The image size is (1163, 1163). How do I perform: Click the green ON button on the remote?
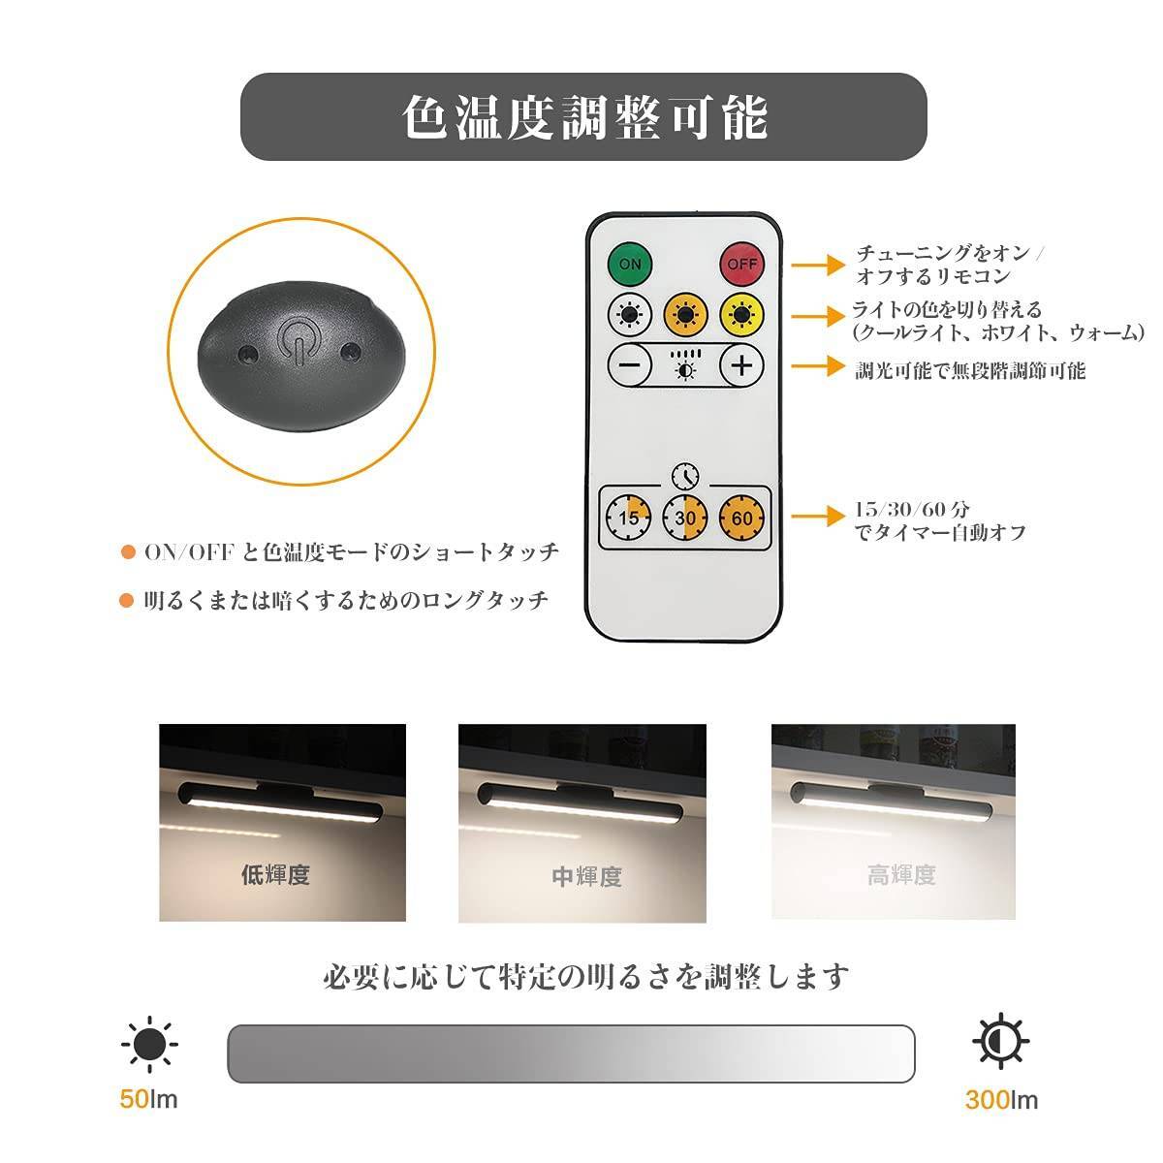click(630, 263)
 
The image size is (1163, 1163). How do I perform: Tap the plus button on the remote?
click(742, 366)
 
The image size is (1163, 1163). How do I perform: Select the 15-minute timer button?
click(629, 518)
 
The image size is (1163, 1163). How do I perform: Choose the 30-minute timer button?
click(685, 518)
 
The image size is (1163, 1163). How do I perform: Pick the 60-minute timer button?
click(742, 518)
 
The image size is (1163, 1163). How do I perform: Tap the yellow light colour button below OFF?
click(742, 315)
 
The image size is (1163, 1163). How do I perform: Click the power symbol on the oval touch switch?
click(296, 346)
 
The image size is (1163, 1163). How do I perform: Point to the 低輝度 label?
click(275, 875)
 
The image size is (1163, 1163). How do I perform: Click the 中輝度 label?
click(586, 877)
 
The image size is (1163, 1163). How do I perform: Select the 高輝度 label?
click(901, 876)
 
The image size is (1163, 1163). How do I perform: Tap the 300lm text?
click(1001, 1100)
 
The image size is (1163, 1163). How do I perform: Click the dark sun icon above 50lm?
click(149, 1043)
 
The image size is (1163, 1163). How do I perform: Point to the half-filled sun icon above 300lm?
click(1000, 1042)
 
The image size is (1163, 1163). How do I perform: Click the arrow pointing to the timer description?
click(818, 516)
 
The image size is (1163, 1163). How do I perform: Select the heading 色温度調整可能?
click(583, 117)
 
